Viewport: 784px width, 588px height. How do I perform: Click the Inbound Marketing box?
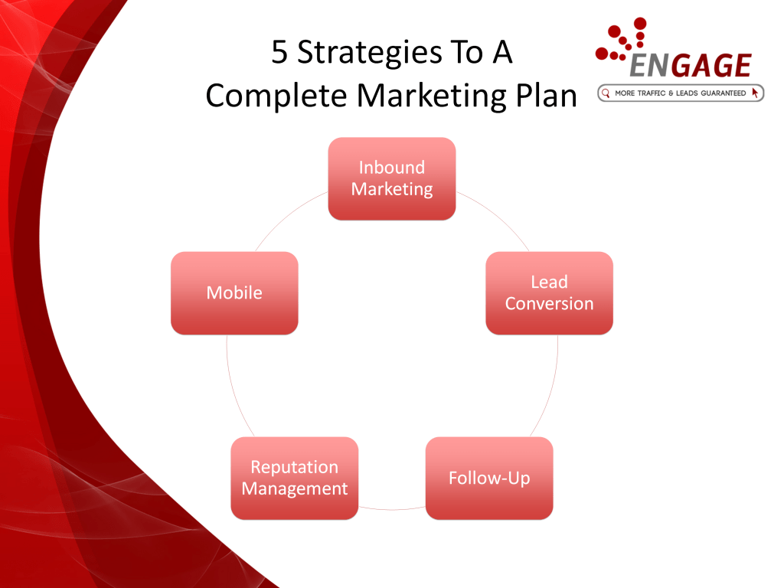click(x=391, y=178)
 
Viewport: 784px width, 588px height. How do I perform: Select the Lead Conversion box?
click(x=549, y=293)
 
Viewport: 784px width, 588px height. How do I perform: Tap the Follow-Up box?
click(x=489, y=478)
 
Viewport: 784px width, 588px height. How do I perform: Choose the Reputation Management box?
click(x=295, y=478)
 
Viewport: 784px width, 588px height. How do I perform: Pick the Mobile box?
click(x=234, y=293)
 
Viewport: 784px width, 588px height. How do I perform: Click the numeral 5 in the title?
click(x=279, y=52)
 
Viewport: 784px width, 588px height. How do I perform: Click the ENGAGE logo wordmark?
click(x=690, y=66)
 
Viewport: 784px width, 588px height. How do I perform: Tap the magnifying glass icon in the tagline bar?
click(x=606, y=93)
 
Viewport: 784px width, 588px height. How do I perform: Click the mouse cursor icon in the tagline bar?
click(x=755, y=93)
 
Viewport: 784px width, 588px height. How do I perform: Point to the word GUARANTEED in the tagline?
click(x=723, y=93)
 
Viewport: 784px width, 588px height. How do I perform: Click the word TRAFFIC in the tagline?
click(x=652, y=93)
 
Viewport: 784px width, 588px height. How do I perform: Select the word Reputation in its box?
click(x=295, y=468)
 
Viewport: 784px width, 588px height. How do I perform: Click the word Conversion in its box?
click(x=549, y=304)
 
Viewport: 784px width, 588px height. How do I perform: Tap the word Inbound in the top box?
click(x=391, y=168)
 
